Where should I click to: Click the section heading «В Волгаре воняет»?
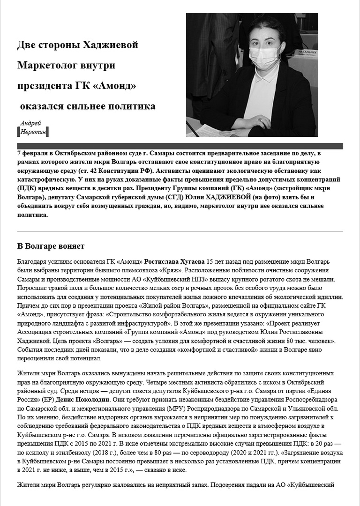51,246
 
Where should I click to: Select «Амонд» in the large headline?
114,86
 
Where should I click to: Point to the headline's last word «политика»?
136,106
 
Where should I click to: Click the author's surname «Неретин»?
33,132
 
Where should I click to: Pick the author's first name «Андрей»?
30,123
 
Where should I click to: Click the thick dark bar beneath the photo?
180,146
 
